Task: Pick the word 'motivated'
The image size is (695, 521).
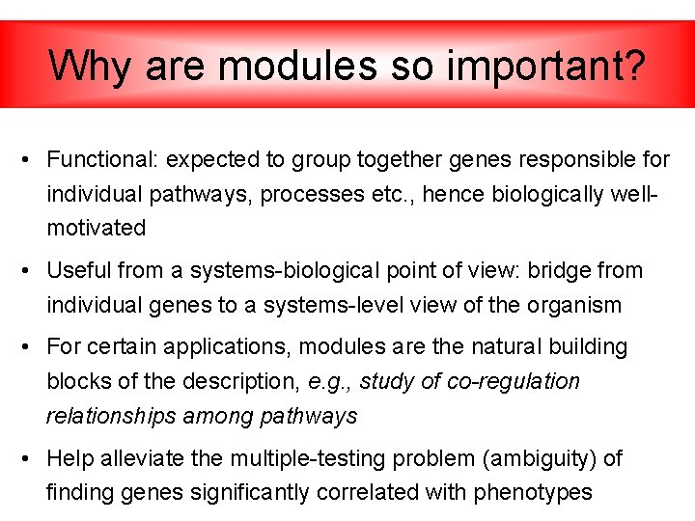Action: (97, 229)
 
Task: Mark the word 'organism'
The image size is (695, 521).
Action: (574, 306)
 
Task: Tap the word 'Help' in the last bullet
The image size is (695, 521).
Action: (70, 458)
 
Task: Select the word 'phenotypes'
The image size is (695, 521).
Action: (533, 493)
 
